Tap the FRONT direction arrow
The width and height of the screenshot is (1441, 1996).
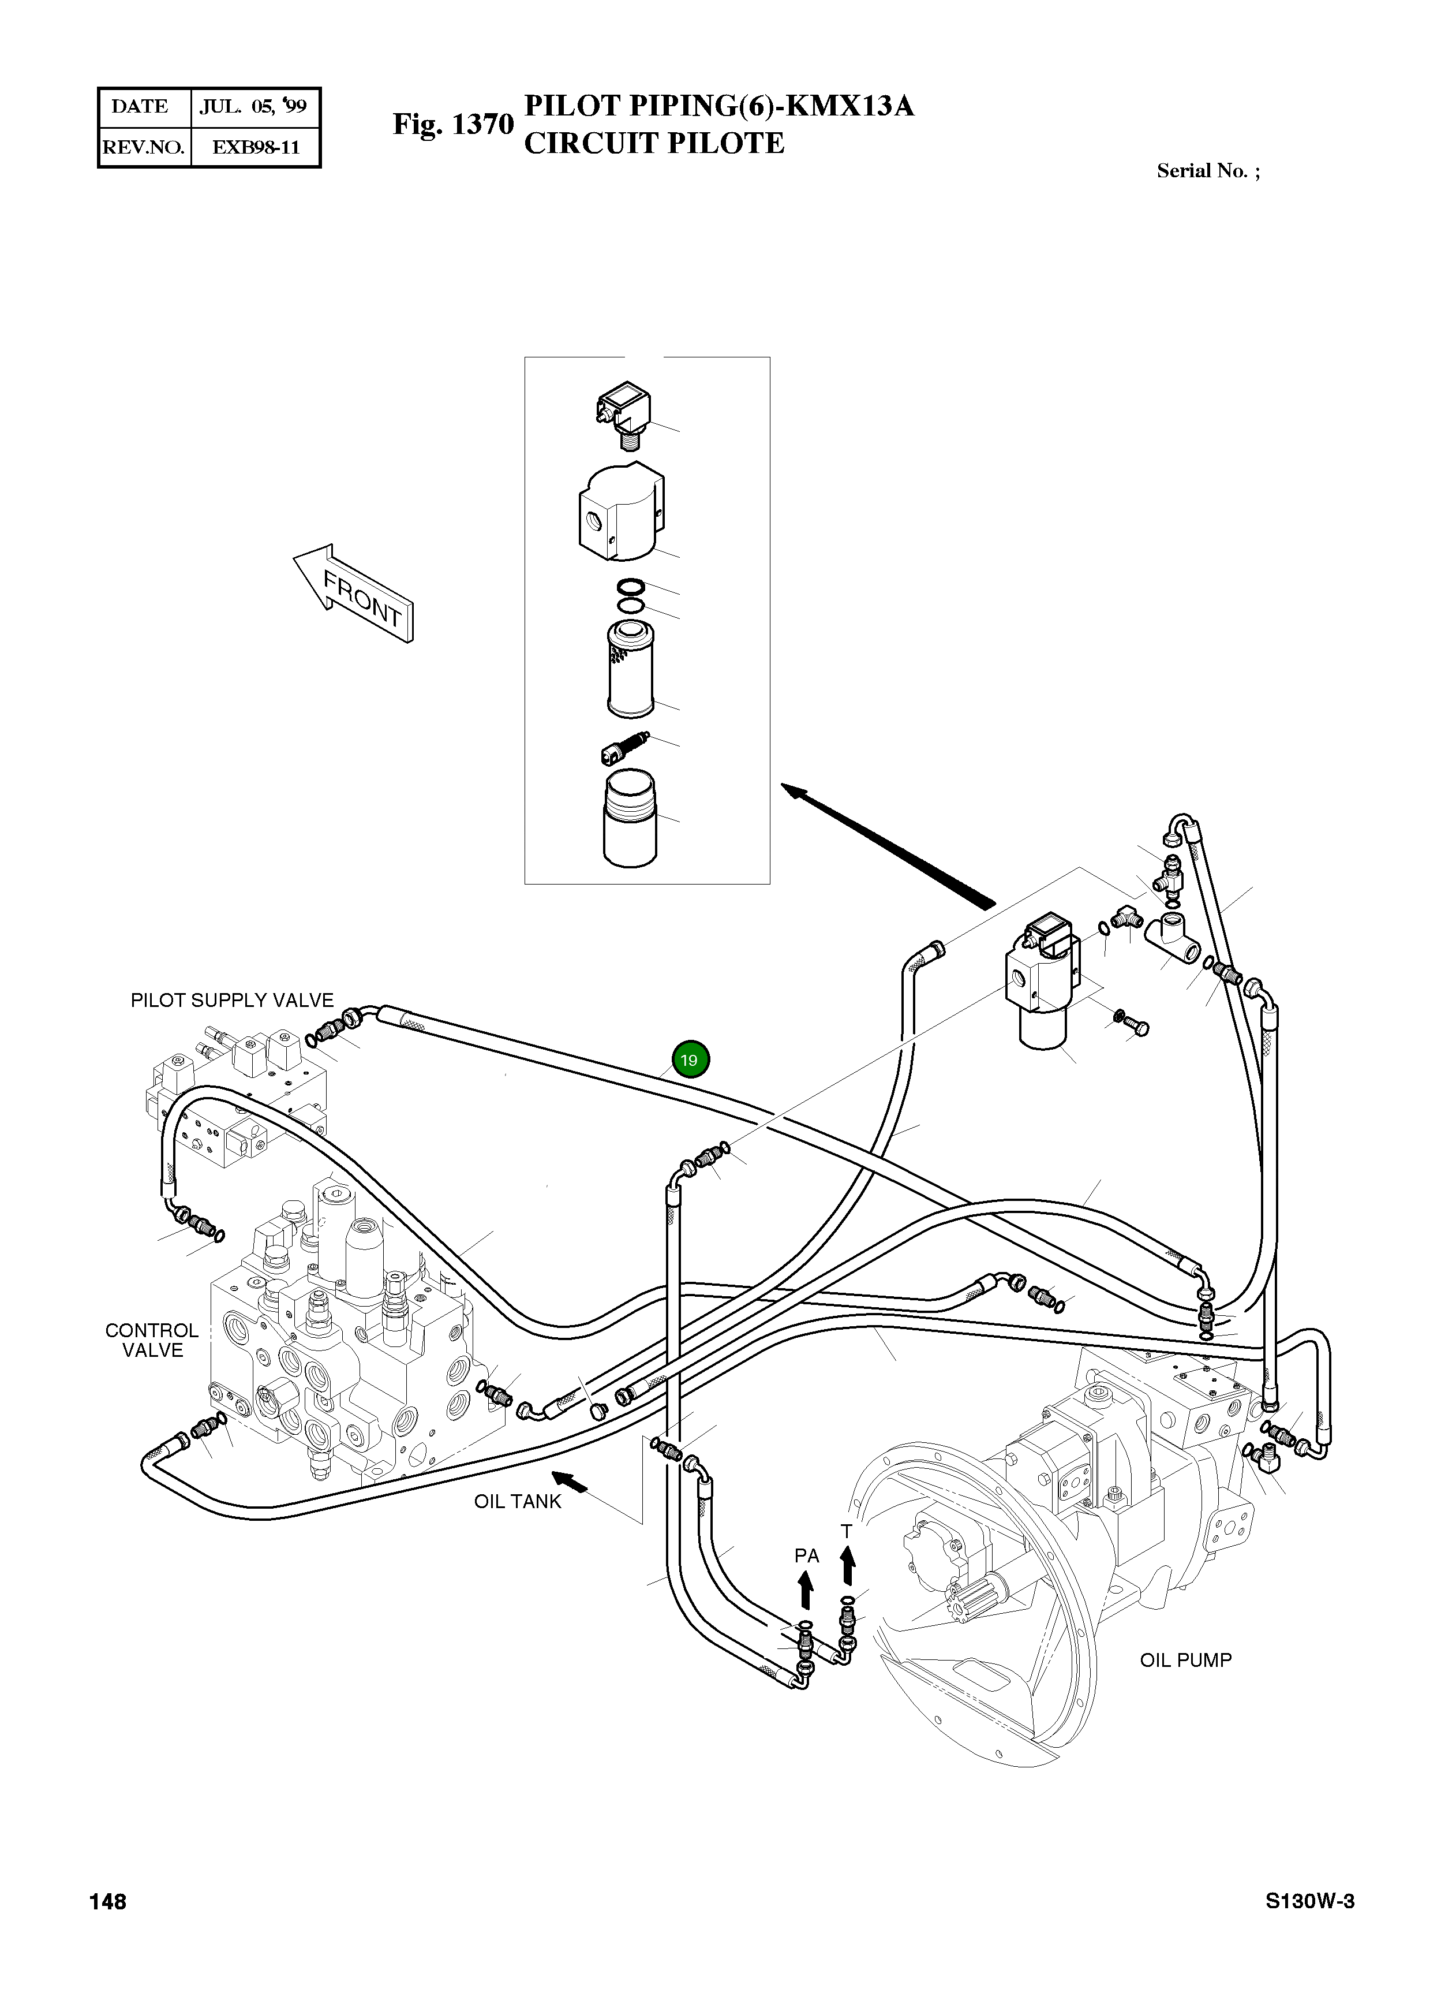point(354,592)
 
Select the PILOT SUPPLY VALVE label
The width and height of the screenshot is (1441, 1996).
point(232,1001)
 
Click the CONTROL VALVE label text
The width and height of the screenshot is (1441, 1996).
point(152,1340)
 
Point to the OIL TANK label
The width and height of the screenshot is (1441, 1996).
point(517,1501)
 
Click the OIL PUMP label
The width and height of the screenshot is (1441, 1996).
point(1185,1661)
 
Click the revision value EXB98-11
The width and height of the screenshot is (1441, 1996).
point(255,147)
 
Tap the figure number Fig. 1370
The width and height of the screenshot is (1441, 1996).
point(452,124)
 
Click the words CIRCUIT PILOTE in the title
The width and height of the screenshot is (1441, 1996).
point(654,143)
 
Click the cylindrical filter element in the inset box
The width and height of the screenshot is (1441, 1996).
point(630,668)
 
